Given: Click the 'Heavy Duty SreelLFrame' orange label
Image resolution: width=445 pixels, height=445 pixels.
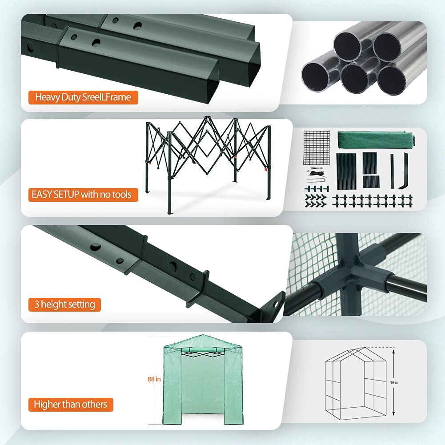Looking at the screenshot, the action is [x=83, y=97].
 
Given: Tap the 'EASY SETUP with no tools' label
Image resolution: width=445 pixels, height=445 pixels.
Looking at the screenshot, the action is [x=83, y=195].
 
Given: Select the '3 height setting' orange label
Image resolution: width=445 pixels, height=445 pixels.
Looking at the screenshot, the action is [x=64, y=305].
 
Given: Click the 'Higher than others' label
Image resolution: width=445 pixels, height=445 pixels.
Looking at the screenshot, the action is [x=71, y=405].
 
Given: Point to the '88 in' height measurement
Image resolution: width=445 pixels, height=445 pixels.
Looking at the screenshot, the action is [x=154, y=379].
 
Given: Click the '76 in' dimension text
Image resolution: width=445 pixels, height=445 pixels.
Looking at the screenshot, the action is [x=394, y=383].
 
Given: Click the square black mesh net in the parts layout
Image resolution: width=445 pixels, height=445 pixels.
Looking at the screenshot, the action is [x=317, y=148].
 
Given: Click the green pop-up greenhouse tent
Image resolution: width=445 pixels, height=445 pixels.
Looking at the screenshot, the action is [x=202, y=380].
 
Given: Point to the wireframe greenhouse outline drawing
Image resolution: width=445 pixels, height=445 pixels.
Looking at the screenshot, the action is [x=356, y=383].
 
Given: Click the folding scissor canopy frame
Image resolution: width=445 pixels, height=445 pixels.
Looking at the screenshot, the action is [x=208, y=164].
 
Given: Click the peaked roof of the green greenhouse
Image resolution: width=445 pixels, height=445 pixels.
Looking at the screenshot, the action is [x=202, y=341].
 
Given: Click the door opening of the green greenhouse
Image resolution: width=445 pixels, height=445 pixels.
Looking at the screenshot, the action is [x=203, y=389].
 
